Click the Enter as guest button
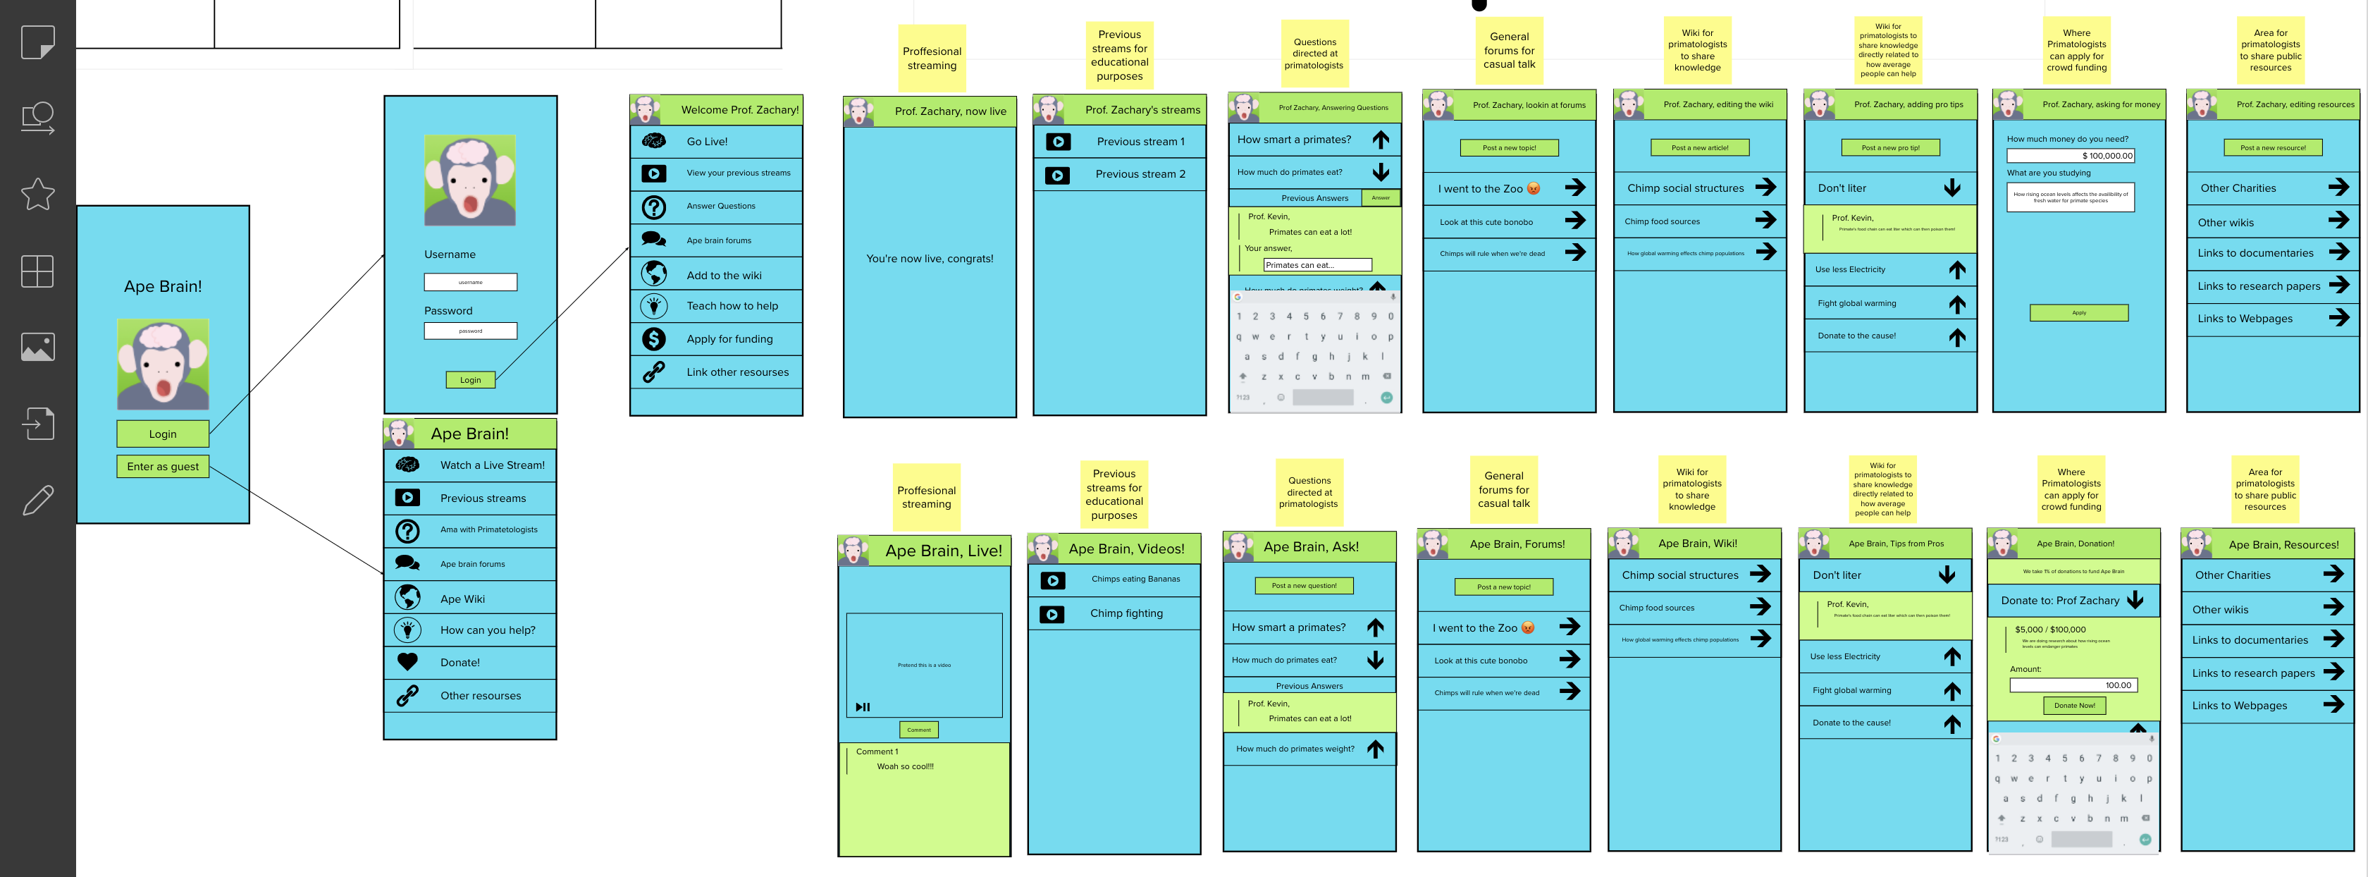(x=163, y=467)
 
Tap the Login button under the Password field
(x=470, y=380)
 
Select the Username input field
(x=470, y=282)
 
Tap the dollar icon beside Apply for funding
(x=653, y=339)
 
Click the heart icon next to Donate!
(x=407, y=662)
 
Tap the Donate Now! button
(x=2075, y=705)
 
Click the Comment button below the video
(x=918, y=730)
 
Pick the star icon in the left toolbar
(x=37, y=194)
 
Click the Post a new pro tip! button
(x=1890, y=148)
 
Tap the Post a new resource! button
(x=2272, y=148)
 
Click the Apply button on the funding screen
(x=2078, y=312)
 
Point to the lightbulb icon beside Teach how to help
(x=653, y=306)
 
